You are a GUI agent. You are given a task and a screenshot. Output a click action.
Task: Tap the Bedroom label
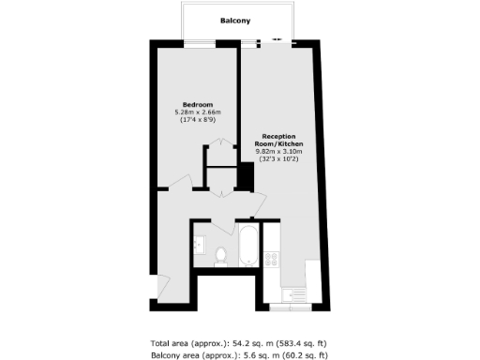click(197, 103)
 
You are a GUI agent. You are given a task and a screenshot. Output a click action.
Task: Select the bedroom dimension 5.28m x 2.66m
click(197, 112)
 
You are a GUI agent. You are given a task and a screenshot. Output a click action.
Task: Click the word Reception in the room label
click(278, 136)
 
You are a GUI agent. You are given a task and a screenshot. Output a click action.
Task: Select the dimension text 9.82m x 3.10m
click(278, 151)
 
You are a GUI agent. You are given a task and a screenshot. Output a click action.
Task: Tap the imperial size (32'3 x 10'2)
click(278, 159)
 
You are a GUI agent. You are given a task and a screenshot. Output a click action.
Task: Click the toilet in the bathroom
click(221, 254)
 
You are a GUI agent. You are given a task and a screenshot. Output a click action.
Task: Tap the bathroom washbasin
click(199, 245)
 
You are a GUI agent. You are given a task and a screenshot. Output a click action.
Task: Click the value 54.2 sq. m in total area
click(245, 343)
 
